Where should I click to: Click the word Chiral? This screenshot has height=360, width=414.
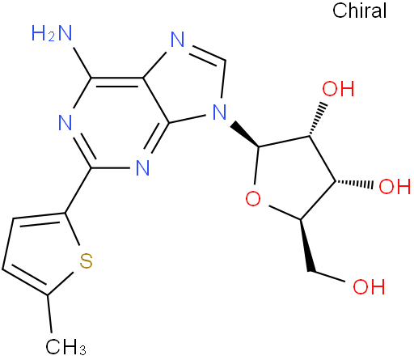tap(360, 11)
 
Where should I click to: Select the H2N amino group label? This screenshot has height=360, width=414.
tap(52, 33)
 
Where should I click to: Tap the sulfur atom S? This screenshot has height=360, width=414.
tap(87, 260)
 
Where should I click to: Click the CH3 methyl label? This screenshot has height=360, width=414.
tap(65, 346)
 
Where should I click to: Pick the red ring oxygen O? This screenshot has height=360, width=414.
tap(253, 199)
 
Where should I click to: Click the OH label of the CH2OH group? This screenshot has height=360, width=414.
tap(369, 286)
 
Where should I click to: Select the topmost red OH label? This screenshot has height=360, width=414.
tap(338, 89)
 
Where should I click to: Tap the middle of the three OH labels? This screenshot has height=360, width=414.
tap(395, 186)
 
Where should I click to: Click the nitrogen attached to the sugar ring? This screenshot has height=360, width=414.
tap(220, 112)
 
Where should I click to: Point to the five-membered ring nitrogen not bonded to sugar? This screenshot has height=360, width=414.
tap(178, 40)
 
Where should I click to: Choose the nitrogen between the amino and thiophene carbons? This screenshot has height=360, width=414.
tap(65, 123)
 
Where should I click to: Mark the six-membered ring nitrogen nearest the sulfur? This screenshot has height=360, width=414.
tap(142, 167)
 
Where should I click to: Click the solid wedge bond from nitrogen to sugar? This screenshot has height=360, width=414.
tap(245, 134)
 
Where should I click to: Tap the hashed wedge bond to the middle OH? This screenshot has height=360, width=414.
tap(354, 183)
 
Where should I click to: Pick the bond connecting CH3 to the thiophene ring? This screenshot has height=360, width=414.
tap(49, 313)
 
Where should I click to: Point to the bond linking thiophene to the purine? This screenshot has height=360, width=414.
tap(78, 190)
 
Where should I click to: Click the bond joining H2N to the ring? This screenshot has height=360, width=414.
tap(82, 63)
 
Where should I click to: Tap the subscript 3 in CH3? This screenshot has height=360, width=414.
tap(83, 350)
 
